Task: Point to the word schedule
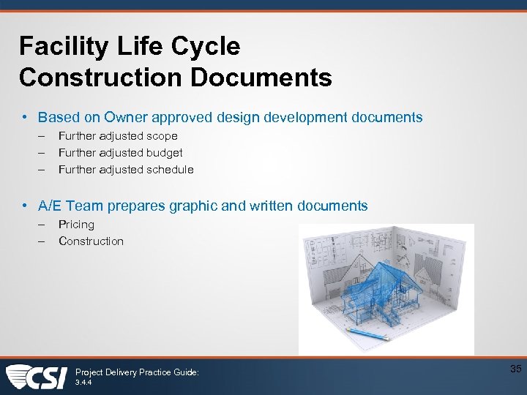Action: (x=170, y=170)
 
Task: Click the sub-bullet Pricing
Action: (x=76, y=225)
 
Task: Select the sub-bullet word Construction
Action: (x=91, y=241)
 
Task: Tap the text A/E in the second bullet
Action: (x=50, y=206)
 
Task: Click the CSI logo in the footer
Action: (x=37, y=377)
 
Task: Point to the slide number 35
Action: (x=515, y=369)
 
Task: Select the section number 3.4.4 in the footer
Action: (x=84, y=382)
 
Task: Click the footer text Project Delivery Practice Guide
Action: (x=137, y=372)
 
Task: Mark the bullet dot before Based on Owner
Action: (x=25, y=117)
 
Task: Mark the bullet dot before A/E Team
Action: (x=25, y=206)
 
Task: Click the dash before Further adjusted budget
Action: (x=43, y=153)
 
